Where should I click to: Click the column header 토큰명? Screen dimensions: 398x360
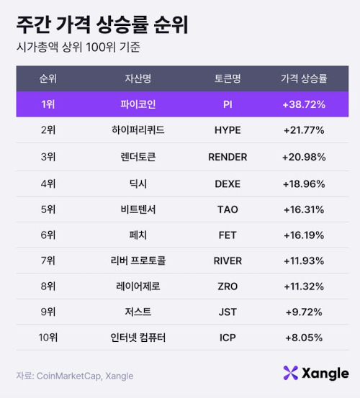click(x=228, y=78)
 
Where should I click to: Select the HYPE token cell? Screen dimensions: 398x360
click(x=228, y=130)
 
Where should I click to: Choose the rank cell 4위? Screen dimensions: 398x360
click(x=48, y=183)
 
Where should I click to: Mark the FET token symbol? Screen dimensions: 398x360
click(x=228, y=235)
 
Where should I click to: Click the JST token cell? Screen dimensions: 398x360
click(x=228, y=312)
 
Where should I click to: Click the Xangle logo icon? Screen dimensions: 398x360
click(x=290, y=373)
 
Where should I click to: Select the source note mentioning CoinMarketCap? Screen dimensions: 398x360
click(x=75, y=376)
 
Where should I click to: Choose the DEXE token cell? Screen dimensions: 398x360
click(x=228, y=183)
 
